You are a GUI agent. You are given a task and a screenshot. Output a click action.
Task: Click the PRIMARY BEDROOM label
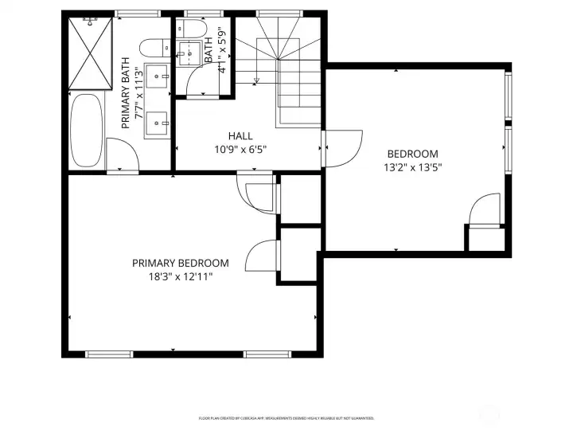(181, 263)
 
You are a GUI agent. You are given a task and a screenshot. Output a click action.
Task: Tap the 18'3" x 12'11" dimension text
(181, 276)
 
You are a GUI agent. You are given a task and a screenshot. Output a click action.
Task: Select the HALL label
(240, 136)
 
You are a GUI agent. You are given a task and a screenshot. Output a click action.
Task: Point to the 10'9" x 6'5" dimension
(240, 149)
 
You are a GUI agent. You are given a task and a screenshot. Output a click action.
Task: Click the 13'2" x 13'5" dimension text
(412, 167)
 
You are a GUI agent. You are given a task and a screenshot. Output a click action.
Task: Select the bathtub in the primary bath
(85, 129)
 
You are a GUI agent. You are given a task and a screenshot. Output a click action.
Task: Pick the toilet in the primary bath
(151, 47)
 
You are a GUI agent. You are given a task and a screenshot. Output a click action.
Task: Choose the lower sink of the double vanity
(160, 122)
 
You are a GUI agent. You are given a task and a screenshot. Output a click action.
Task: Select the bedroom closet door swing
(485, 211)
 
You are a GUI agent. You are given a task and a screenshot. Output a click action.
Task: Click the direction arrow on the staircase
(256, 80)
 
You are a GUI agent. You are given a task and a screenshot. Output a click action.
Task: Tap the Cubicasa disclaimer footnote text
(286, 418)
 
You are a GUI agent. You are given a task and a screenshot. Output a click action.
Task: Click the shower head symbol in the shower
(89, 22)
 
